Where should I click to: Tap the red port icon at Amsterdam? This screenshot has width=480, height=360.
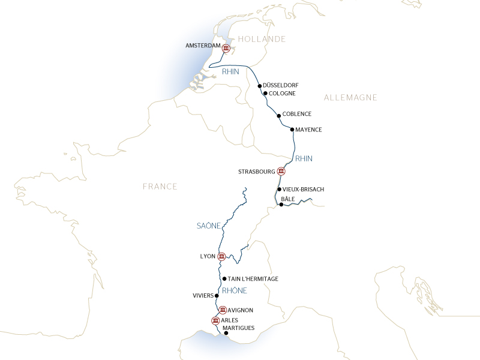(x=226, y=49)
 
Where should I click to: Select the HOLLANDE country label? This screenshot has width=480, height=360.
(x=262, y=39)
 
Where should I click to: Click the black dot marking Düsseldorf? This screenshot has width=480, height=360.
(x=260, y=86)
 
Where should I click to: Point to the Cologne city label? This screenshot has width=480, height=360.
(x=283, y=94)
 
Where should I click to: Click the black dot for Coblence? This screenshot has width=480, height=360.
(x=279, y=116)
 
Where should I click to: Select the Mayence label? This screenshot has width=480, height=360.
(x=309, y=130)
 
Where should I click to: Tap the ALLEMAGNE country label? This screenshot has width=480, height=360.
(x=350, y=97)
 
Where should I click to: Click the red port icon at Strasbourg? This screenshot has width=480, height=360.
(x=281, y=172)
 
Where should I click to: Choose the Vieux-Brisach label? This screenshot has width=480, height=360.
(x=304, y=190)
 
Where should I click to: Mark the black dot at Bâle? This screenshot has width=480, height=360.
(x=281, y=205)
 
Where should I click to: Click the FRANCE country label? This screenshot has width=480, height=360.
(x=160, y=187)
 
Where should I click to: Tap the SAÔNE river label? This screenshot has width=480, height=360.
(x=209, y=226)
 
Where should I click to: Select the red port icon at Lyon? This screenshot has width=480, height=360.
(x=221, y=257)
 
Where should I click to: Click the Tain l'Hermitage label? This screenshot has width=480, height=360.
(x=253, y=279)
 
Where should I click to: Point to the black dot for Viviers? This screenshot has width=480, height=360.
(x=217, y=296)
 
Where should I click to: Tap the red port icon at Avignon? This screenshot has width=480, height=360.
(x=223, y=310)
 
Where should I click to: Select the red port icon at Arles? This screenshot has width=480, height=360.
(x=215, y=320)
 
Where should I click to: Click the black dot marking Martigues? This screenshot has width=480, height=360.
(x=226, y=333)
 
